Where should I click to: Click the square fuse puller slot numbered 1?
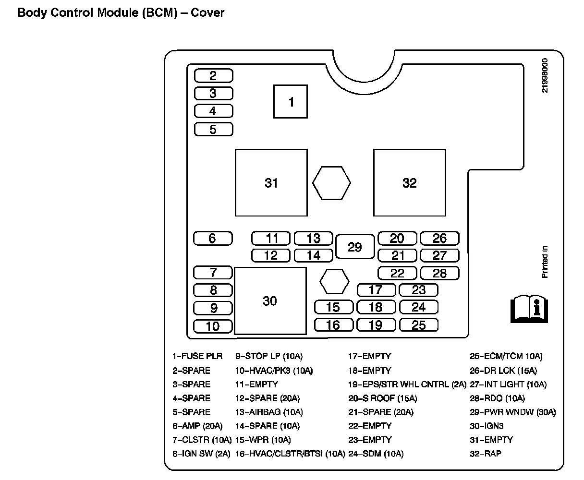click(x=291, y=101)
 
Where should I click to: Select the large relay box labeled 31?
click(x=271, y=183)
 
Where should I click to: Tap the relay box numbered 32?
click(x=409, y=183)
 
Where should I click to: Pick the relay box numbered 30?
click(x=270, y=301)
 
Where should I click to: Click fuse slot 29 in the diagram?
click(x=354, y=247)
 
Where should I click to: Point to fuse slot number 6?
click(x=213, y=238)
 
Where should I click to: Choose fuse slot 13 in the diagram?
click(x=314, y=238)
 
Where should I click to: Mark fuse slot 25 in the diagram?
click(x=419, y=325)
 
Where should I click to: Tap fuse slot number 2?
click(x=213, y=75)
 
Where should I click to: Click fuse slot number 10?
click(x=213, y=326)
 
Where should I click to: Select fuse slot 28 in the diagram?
click(x=439, y=273)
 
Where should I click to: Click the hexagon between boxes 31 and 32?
click(x=331, y=183)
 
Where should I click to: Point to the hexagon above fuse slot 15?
click(x=334, y=281)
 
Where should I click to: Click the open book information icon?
click(x=529, y=307)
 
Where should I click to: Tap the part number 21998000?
click(x=544, y=75)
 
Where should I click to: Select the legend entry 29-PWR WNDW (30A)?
click(x=512, y=412)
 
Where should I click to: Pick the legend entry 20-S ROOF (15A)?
click(x=382, y=398)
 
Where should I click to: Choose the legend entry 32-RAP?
click(x=485, y=454)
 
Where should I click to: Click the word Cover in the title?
click(x=207, y=12)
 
